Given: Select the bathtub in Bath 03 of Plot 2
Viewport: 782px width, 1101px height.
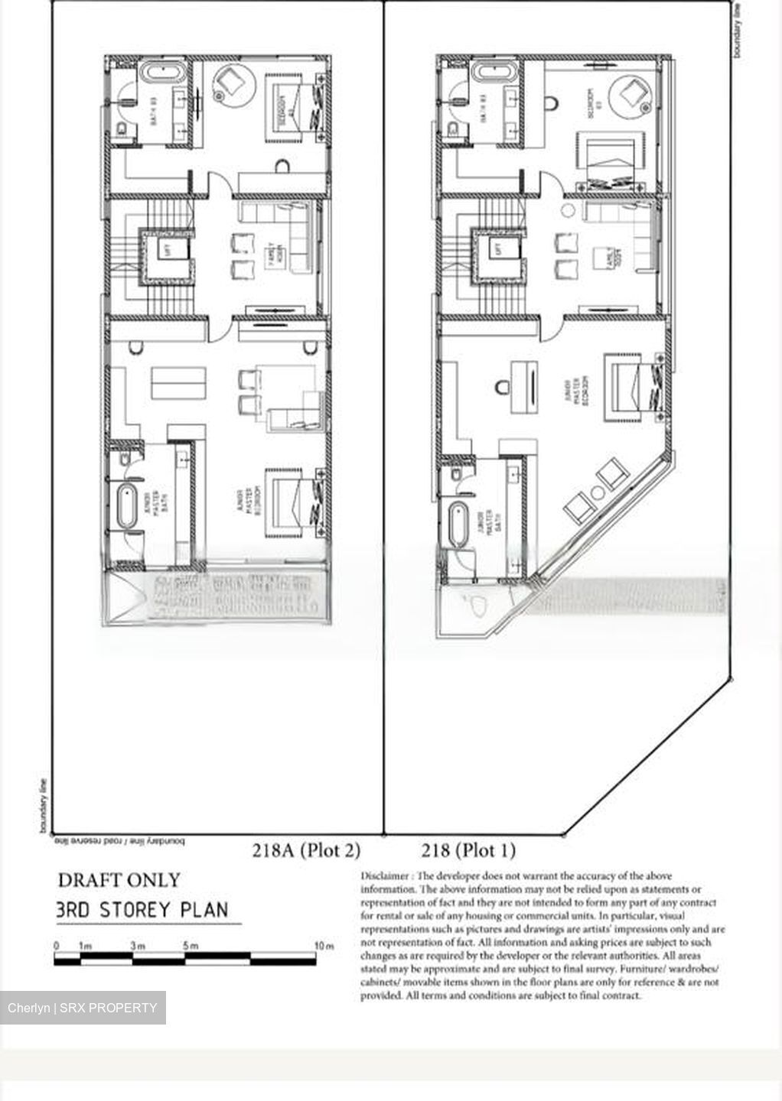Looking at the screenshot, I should click(161, 75).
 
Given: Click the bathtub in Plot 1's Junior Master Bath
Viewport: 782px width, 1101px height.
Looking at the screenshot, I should click(458, 524).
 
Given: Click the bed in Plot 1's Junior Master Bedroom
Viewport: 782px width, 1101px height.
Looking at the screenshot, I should click(631, 386).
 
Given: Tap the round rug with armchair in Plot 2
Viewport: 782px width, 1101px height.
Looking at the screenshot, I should click(231, 83).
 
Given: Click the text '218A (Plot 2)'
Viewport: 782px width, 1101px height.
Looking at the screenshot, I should click(306, 850).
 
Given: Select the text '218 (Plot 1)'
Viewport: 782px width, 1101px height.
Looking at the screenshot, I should click(468, 850).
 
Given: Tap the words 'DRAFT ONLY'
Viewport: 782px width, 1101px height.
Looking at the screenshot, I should click(119, 880).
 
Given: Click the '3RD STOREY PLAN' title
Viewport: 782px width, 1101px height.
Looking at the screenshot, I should click(142, 911).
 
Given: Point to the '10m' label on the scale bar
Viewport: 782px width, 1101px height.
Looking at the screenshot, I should click(324, 946).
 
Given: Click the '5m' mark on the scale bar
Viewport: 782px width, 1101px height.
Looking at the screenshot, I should click(191, 946).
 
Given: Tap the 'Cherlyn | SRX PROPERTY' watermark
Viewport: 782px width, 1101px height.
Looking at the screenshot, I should click(83, 1008).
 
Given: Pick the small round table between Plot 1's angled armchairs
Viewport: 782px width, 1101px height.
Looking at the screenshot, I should click(594, 490).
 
